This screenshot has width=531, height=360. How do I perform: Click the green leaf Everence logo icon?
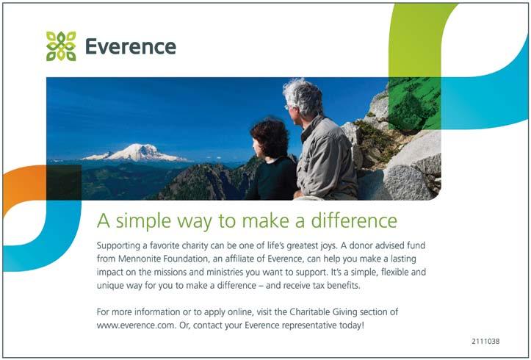(61, 46)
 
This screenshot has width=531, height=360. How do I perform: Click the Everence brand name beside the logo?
(131, 46)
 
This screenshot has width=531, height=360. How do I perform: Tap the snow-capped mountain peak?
(134, 152)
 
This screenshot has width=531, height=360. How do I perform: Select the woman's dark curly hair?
(270, 137)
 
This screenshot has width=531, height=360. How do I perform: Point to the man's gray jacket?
(326, 159)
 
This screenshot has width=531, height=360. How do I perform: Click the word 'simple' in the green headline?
(143, 221)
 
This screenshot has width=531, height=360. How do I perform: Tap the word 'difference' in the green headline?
(354, 220)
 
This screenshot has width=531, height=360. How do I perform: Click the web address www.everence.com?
(136, 325)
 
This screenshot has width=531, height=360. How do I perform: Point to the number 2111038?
(485, 342)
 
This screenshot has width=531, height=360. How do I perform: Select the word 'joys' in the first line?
(328, 246)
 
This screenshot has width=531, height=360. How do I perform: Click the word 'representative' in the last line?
(309, 325)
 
